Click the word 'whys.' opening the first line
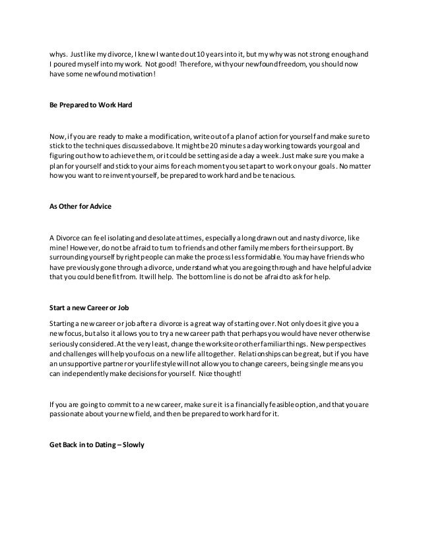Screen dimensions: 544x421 (59, 55)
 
